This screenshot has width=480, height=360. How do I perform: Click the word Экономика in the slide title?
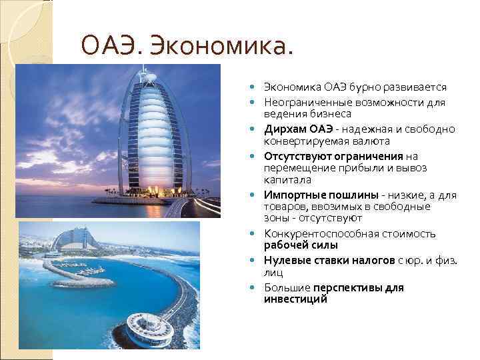223,47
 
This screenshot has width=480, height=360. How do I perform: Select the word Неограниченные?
303,103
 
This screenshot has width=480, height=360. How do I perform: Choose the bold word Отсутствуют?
297,156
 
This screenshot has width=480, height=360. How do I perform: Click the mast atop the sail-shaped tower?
141,70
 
